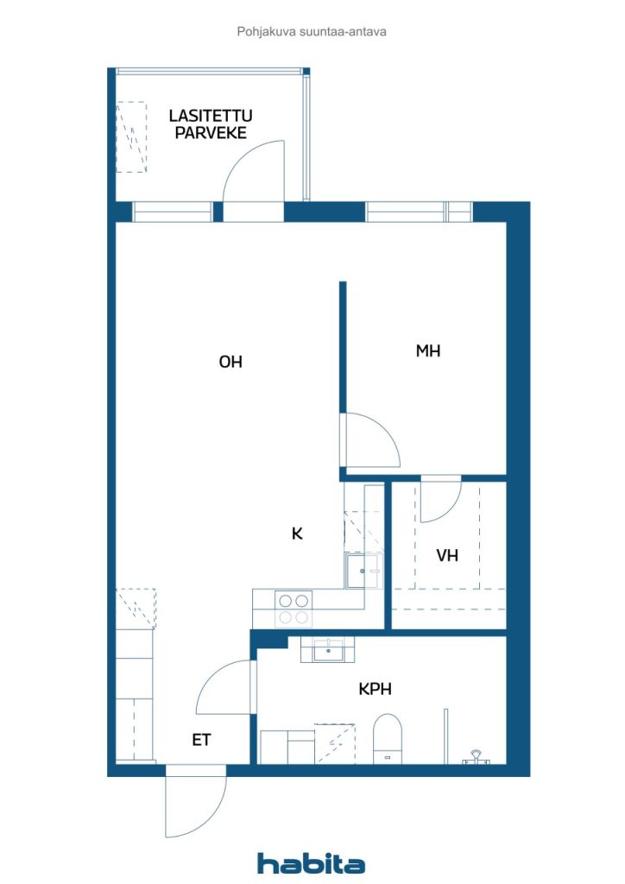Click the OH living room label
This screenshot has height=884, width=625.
click(x=230, y=362)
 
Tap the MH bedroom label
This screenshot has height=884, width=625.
click(x=428, y=350)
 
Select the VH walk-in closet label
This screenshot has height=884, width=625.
click(x=447, y=555)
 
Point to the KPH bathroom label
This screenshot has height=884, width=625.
click(x=375, y=688)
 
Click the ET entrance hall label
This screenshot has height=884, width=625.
click(x=201, y=740)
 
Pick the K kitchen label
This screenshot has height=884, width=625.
click(x=297, y=533)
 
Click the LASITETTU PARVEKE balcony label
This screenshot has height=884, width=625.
click(x=211, y=124)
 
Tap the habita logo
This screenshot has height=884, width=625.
click(x=311, y=862)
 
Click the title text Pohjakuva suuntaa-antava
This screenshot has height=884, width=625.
click(x=312, y=32)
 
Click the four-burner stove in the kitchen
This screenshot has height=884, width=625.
click(x=293, y=609)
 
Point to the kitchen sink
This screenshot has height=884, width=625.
click(x=363, y=571)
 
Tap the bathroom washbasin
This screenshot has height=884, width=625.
click(x=328, y=650)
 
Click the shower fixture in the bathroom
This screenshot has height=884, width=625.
click(x=477, y=756)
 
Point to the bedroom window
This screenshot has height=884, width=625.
click(x=419, y=212)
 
